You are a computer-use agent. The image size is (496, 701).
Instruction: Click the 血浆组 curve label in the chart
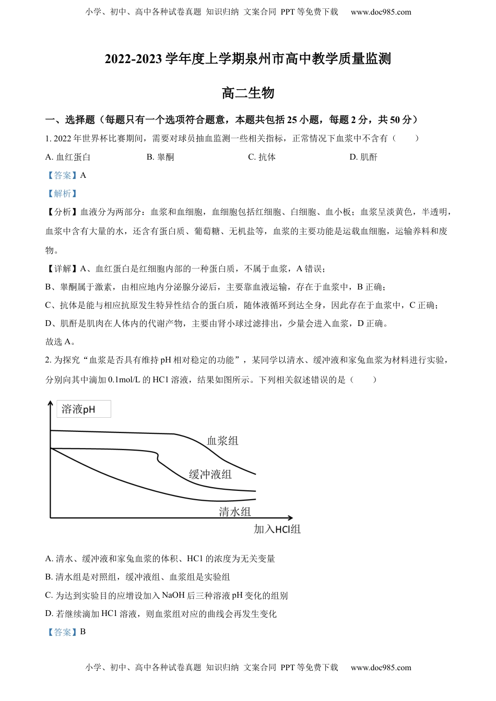pyautogui.click(x=222, y=441)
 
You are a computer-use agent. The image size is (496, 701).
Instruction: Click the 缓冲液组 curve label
pyautogui.click(x=210, y=474)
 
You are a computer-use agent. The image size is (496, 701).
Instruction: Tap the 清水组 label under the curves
pyautogui.click(x=234, y=512)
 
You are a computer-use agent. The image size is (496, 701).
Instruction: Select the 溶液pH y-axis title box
pyautogui.click(x=84, y=409)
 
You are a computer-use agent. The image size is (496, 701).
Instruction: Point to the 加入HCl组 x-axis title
pyautogui.click(x=277, y=529)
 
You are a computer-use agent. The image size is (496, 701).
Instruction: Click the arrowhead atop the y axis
pyautogui.click(x=50, y=403)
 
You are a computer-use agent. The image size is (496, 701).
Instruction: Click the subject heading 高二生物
pyautogui.click(x=247, y=93)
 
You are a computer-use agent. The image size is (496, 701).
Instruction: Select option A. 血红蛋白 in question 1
pyautogui.click(x=68, y=157)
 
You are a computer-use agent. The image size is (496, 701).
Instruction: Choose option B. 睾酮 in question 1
pyautogui.click(x=160, y=157)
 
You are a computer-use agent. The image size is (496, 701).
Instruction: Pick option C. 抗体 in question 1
pyautogui.click(x=262, y=157)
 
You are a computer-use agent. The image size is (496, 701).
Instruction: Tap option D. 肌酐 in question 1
pyautogui.click(x=363, y=157)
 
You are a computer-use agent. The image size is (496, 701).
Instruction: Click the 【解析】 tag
pyautogui.click(x=62, y=194)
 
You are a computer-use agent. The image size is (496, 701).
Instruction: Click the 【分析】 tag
pyautogui.click(x=62, y=212)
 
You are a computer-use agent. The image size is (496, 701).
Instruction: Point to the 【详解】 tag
pyautogui.click(x=62, y=269)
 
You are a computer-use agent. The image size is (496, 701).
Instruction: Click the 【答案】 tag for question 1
pyautogui.click(x=62, y=175)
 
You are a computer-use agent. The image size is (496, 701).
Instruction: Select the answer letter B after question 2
pyautogui.click(x=83, y=632)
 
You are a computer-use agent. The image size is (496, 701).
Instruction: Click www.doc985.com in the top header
pyautogui.click(x=381, y=12)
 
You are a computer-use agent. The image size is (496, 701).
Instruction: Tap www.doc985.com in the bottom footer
pyautogui.click(x=381, y=667)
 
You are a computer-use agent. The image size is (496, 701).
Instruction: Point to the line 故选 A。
pyautogui.click(x=61, y=342)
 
